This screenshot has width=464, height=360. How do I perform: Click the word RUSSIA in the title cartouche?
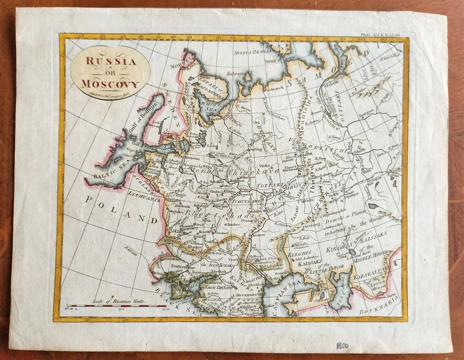111,61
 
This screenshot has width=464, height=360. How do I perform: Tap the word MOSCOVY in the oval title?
111,83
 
